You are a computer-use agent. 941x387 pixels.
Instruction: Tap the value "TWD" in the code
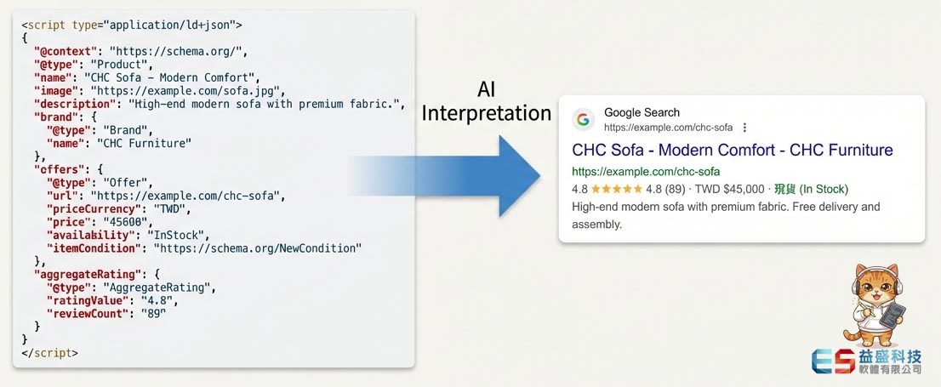coord(172,208)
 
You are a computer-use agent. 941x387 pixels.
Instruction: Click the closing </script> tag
coord(50,353)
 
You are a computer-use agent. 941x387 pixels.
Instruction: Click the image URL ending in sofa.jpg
coord(185,91)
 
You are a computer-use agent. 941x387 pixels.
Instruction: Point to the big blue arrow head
coord(518,175)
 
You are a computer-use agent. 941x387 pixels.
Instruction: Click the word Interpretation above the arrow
coord(486,113)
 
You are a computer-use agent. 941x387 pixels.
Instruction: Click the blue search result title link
coord(733,150)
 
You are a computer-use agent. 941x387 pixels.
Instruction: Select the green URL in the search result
coord(646,171)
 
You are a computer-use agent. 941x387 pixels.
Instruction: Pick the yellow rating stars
coord(617,189)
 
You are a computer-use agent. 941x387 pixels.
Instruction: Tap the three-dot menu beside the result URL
coord(744,128)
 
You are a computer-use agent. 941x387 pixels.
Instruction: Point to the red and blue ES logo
coord(834,361)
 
